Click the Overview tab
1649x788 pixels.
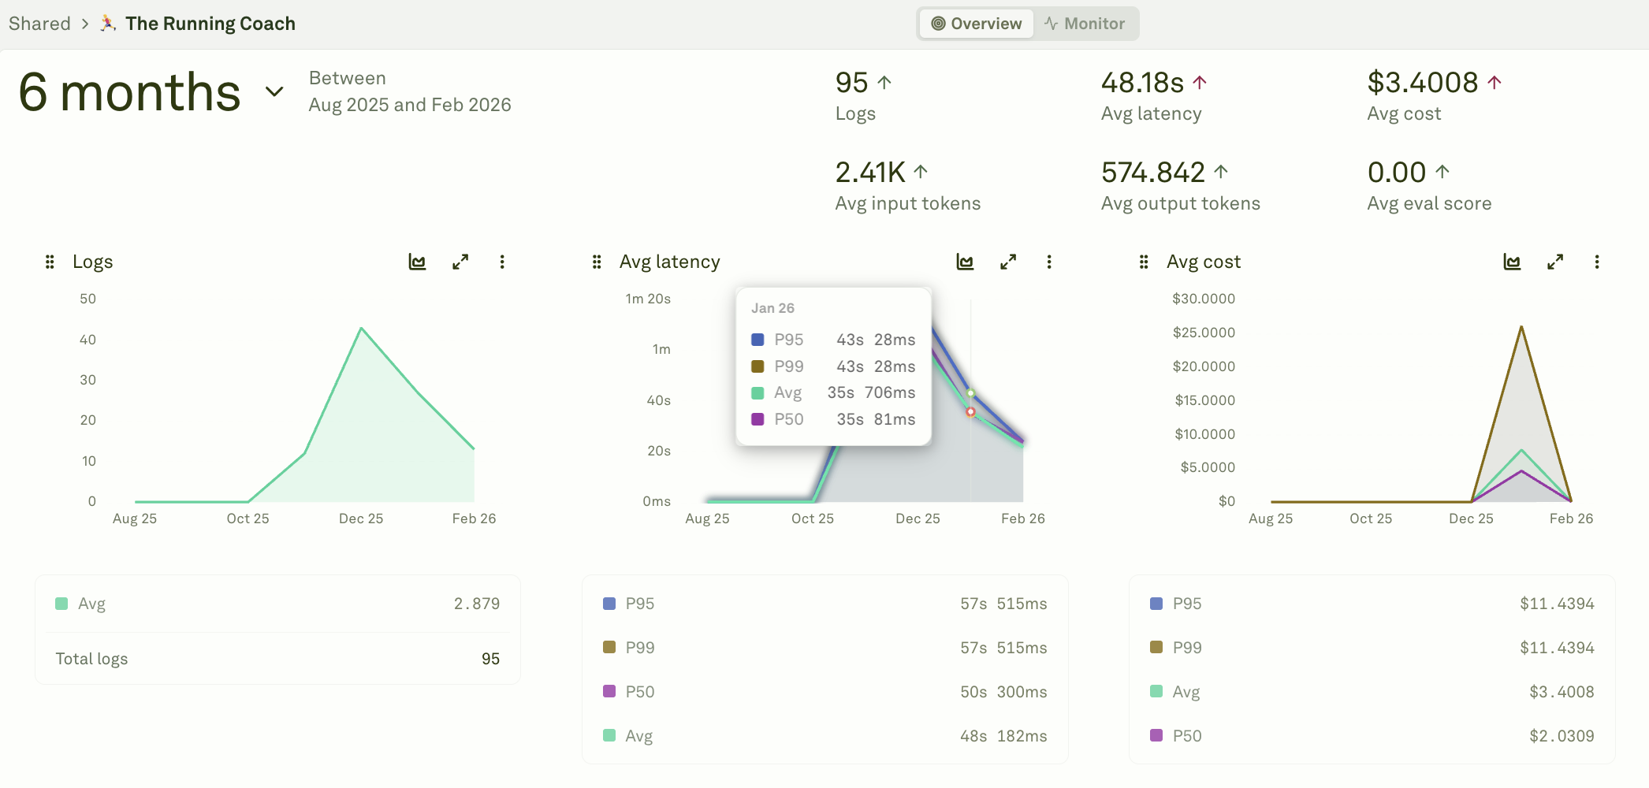tap(977, 24)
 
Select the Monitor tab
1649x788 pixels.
tap(1085, 24)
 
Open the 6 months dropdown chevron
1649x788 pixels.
tap(274, 91)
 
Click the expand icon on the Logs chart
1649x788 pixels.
tap(460, 262)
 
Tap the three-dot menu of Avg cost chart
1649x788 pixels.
tap(1596, 262)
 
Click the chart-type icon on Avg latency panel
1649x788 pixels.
tap(965, 262)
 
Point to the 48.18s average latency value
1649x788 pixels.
tap(1142, 83)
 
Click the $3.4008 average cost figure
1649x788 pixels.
tap(1422, 83)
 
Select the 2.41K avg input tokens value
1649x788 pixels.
tap(870, 173)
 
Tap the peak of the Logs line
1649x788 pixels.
tap(362, 329)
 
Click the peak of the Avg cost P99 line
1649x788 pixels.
tap(1521, 327)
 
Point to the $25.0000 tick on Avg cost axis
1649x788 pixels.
tap(1204, 333)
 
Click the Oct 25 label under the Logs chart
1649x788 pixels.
tap(248, 519)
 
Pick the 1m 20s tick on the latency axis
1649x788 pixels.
tap(648, 299)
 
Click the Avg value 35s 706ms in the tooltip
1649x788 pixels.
tap(871, 392)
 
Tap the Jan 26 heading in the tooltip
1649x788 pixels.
tap(772, 308)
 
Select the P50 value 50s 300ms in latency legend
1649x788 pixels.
tap(1003, 692)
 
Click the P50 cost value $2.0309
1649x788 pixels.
tap(1561, 736)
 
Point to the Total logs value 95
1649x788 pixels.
tap(490, 659)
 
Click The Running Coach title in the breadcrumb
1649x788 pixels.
tap(210, 24)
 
